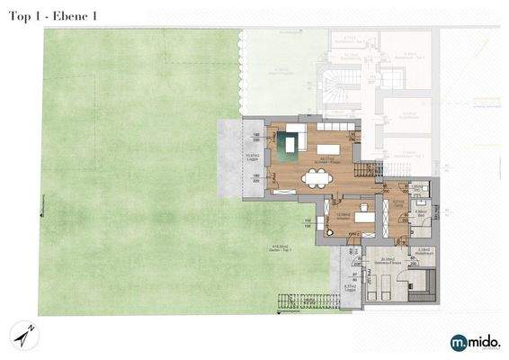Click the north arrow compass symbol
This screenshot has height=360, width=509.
[x=23, y=334]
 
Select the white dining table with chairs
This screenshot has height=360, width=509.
[x=316, y=178]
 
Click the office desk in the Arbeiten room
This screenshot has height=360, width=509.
[x=363, y=217]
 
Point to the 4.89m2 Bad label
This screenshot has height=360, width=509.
[x=418, y=213]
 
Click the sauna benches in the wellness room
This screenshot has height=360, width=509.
[x=420, y=287]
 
